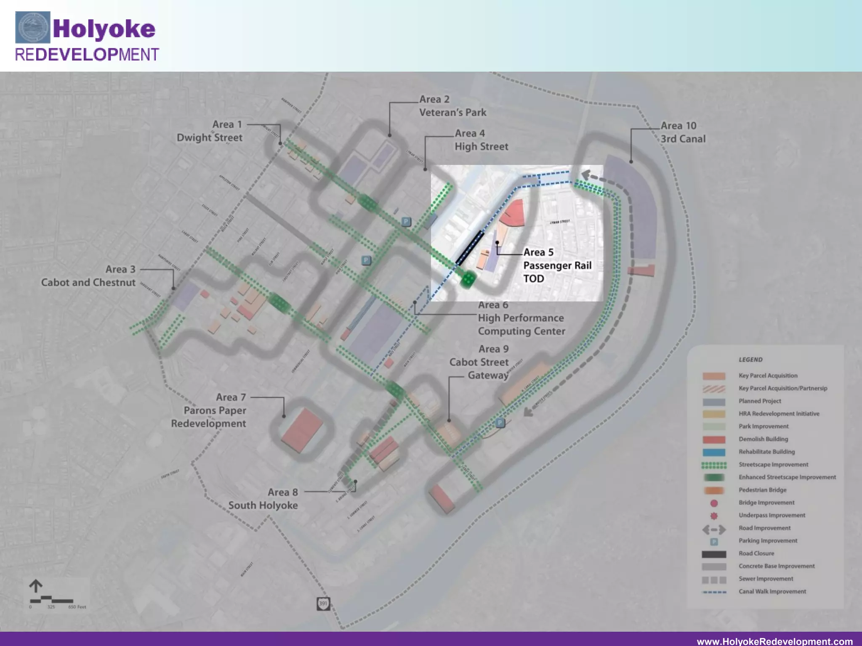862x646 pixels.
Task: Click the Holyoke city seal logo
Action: click(x=33, y=28)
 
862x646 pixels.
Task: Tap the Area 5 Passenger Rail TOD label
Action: click(x=557, y=265)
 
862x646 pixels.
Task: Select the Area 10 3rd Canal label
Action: click(x=682, y=132)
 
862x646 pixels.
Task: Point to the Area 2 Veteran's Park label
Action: click(x=452, y=106)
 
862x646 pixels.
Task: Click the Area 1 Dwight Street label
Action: click(x=210, y=131)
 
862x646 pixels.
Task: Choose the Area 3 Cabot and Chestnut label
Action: click(x=88, y=276)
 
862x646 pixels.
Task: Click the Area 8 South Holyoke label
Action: click(x=263, y=499)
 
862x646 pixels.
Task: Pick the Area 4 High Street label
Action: click(x=481, y=140)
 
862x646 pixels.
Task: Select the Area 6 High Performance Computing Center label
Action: click(x=521, y=318)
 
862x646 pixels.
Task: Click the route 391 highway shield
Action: click(x=323, y=604)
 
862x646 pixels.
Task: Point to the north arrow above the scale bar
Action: click(x=36, y=586)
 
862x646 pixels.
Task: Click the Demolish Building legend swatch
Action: click(x=714, y=439)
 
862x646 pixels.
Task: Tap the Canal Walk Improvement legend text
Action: click(x=772, y=591)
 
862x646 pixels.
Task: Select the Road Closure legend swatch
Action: click(x=714, y=554)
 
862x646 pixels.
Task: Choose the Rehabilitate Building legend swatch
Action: click(x=714, y=452)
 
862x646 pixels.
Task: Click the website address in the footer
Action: click(x=774, y=641)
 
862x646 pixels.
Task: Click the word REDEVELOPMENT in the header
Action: click(x=87, y=55)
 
